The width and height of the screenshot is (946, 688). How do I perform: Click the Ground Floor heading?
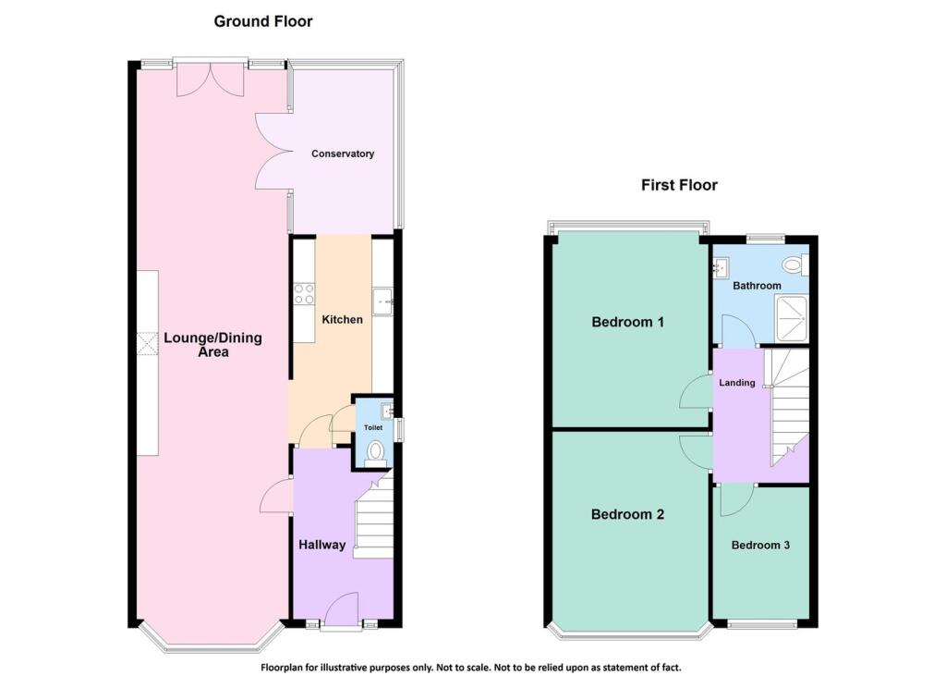point(263,21)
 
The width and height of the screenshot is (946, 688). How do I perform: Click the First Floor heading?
point(679,185)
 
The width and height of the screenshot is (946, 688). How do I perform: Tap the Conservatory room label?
point(343,154)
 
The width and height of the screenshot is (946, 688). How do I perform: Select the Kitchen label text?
point(342,319)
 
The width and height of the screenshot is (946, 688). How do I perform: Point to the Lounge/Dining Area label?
point(212,344)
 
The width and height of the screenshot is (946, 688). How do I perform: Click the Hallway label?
point(321,545)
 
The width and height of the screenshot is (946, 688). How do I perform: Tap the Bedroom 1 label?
point(628,323)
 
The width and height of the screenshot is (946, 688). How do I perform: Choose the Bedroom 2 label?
point(628,515)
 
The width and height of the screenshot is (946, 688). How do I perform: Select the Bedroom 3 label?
point(760,545)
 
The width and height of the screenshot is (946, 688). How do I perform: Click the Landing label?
point(737,383)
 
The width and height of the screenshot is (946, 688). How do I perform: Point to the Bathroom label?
point(757,286)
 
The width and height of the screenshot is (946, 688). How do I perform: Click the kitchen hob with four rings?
point(302,293)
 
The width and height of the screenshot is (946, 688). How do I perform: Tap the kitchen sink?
point(383,301)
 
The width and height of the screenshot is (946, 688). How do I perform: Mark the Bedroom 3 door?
point(735,499)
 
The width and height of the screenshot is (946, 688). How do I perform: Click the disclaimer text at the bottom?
point(472,667)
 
